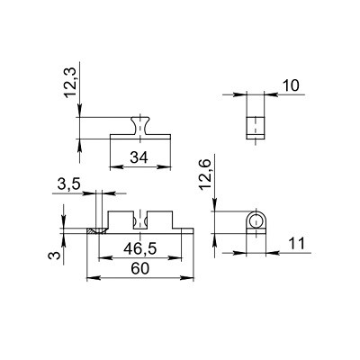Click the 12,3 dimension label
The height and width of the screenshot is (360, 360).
coord(71,83)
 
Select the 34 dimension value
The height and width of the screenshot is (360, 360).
coord(139,157)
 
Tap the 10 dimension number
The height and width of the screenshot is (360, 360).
coord(291,85)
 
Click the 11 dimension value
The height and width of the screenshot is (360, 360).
coord(296,244)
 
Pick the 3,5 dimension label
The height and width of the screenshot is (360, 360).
coord(68,184)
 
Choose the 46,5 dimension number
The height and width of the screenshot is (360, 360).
coord(140,249)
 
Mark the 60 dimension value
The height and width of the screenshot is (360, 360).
coord(139,269)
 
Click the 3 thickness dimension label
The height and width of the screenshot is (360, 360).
coord(53,256)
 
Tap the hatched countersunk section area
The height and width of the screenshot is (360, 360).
coord(97,231)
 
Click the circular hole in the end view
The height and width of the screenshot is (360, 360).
coord(256,222)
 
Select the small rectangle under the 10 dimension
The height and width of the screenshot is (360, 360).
coord(256,128)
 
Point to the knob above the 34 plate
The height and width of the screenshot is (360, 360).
coord(140,126)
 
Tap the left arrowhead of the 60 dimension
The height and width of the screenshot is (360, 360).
coord(93,278)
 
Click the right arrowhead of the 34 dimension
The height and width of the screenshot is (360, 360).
coord(164,166)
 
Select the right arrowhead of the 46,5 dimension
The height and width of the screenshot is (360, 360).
coord(175,257)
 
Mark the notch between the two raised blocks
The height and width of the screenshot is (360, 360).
coord(140,220)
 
